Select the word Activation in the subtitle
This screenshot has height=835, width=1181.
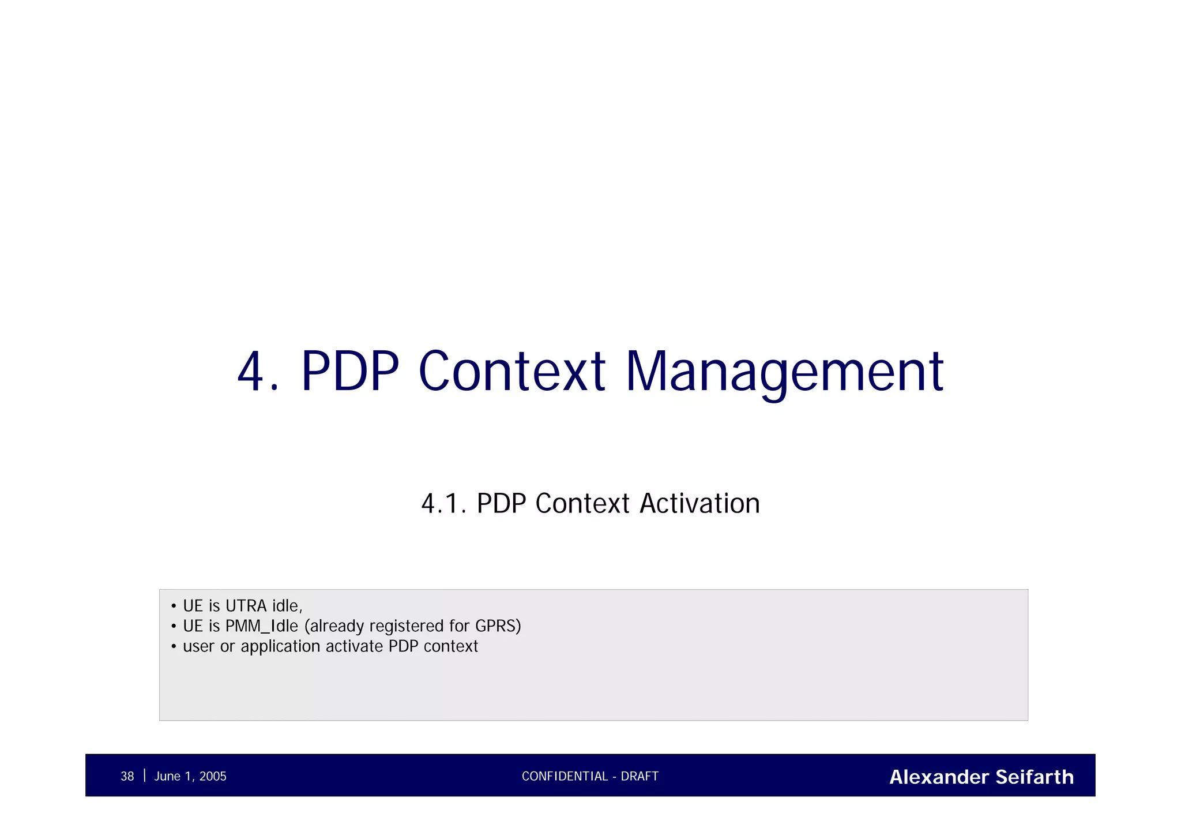pos(699,503)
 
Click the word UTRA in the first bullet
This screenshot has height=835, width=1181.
pos(246,606)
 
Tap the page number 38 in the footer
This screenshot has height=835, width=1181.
pos(127,777)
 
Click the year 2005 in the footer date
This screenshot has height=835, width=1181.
pos(213,777)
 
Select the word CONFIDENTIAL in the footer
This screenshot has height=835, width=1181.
pos(565,777)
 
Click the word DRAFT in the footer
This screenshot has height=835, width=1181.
pos(640,777)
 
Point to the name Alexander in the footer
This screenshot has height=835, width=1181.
pos(939,777)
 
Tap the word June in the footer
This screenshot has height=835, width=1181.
pos(167,777)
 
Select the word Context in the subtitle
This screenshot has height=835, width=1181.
pos(582,503)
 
